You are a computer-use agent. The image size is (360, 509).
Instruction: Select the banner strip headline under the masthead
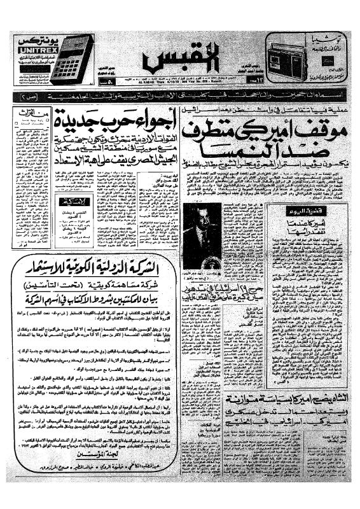(180, 94)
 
